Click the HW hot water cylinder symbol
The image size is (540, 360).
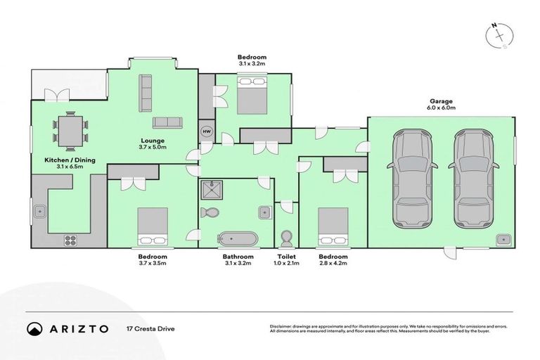coord(207,131)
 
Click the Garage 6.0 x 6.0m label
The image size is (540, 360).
coord(442,104)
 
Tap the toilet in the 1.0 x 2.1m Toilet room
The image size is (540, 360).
coord(286,236)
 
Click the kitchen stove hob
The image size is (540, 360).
coord(70,240)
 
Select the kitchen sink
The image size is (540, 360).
coord(39,210)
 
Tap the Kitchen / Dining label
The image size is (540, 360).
coord(64,163)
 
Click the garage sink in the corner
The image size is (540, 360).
coord(502,240)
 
